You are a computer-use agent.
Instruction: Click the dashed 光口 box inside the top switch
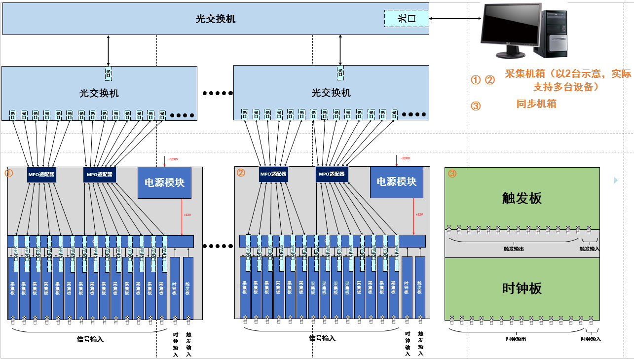pyautogui.click(x=407, y=18)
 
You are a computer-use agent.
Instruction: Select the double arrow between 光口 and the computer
pyautogui.click(x=454, y=19)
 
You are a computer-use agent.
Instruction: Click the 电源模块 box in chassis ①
pyautogui.click(x=164, y=182)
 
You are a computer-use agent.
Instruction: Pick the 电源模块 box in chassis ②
pyautogui.click(x=397, y=182)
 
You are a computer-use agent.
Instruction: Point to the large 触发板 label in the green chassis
pyautogui.click(x=522, y=198)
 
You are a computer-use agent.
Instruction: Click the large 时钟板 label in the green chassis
pyautogui.click(x=522, y=288)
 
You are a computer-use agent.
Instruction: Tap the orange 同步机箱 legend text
pyautogui.click(x=536, y=104)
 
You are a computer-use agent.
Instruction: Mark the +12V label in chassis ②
pyautogui.click(x=419, y=215)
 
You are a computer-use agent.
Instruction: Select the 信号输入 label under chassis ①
pyautogui.click(x=90, y=339)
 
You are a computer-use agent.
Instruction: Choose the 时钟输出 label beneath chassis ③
pyautogui.click(x=516, y=339)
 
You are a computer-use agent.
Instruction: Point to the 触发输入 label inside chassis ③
pyautogui.click(x=590, y=249)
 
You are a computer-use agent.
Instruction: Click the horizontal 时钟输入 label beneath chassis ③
pyautogui.click(x=591, y=339)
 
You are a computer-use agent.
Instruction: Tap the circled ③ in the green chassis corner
pyautogui.click(x=452, y=174)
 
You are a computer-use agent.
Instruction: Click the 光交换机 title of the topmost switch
pyautogui.click(x=216, y=19)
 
